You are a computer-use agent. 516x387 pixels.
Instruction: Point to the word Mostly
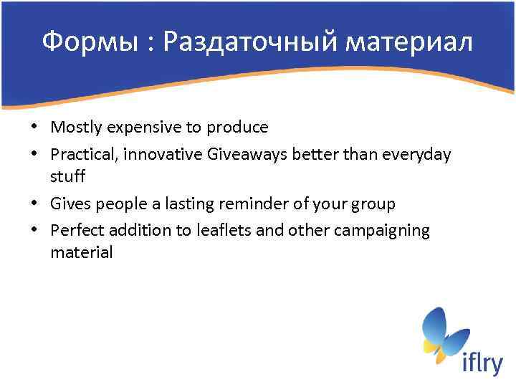click(75, 128)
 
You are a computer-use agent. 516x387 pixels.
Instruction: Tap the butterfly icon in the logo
click(443, 334)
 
